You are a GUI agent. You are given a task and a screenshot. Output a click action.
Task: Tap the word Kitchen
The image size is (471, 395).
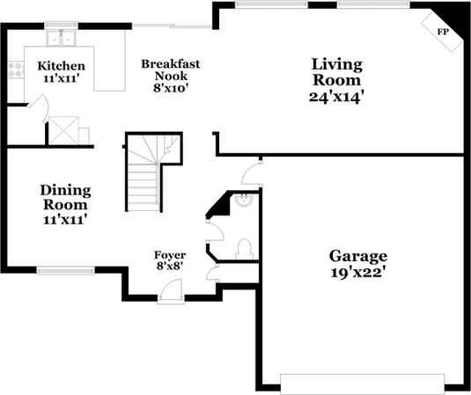point(61,66)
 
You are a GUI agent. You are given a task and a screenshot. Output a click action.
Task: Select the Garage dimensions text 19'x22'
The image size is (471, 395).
point(358,272)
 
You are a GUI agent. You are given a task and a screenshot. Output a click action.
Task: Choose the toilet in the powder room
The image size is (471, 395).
point(246,247)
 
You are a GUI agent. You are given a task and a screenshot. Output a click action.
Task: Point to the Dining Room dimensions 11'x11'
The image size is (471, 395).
point(64,218)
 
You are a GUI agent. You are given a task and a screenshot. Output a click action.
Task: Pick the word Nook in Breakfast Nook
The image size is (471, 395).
point(171,76)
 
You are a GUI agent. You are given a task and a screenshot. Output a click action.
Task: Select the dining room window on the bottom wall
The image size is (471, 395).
point(65,268)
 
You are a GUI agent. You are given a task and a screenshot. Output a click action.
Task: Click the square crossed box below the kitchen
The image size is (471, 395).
point(62,130)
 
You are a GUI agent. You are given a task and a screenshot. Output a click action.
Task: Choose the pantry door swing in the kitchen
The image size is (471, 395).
point(37,111)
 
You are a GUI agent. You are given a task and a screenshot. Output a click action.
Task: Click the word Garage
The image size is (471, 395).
point(358,256)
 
